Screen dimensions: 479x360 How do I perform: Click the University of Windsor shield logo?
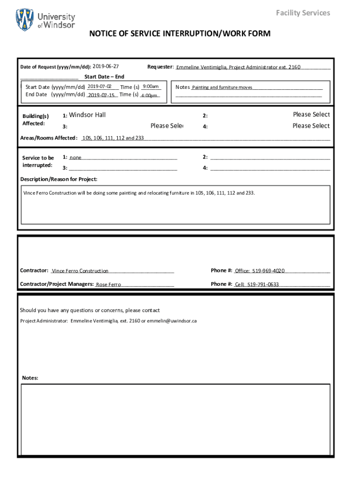(x=24, y=20)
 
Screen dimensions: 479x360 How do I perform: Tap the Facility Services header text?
(x=302, y=13)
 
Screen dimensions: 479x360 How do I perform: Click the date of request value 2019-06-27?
(x=106, y=66)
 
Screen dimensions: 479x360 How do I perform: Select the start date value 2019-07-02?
(x=99, y=87)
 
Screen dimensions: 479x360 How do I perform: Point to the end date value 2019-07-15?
(x=101, y=95)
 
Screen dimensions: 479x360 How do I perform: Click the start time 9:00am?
(x=151, y=87)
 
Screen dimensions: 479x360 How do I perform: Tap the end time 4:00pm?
(x=149, y=95)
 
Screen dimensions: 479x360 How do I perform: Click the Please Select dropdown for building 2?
(x=311, y=115)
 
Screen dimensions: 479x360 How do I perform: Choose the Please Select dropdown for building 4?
(x=311, y=126)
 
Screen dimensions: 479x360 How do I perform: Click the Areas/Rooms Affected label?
(x=49, y=138)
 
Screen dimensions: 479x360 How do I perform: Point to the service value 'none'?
(x=76, y=158)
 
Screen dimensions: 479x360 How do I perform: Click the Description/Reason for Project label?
(x=59, y=180)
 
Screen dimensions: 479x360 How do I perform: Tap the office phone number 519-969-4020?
(x=268, y=271)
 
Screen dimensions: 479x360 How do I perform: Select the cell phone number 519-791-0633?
(x=263, y=284)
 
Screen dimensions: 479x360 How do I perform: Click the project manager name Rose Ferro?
(x=108, y=284)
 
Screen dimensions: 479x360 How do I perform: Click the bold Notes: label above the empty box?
(x=30, y=378)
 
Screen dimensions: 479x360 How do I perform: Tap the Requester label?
(x=160, y=67)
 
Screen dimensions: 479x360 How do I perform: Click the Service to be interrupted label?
(x=38, y=162)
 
